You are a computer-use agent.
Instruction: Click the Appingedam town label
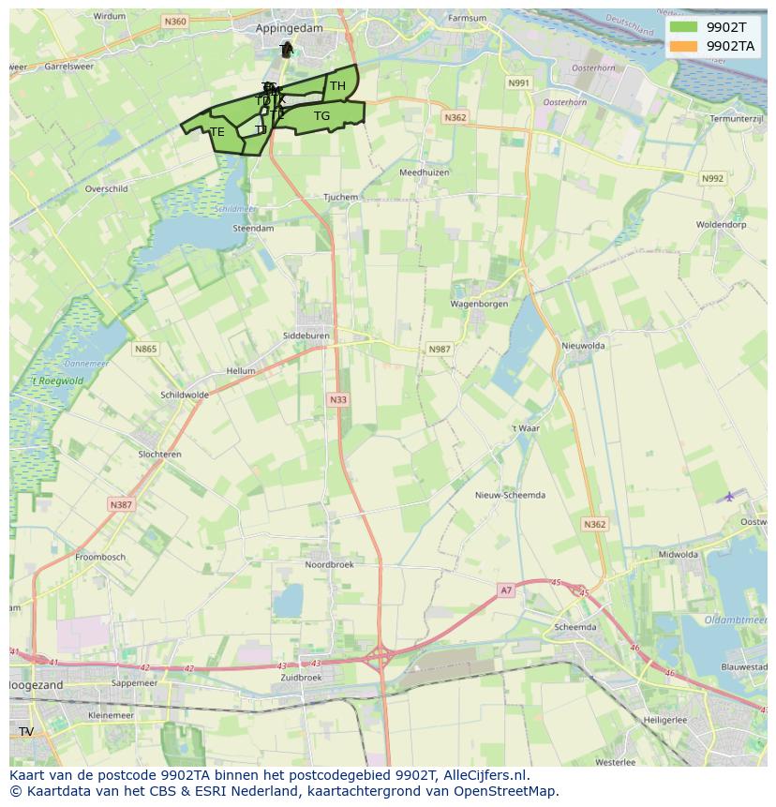pyautogui.click(x=289, y=28)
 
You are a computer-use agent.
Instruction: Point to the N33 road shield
pyautogui.click(x=337, y=399)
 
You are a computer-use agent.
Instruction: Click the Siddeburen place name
pyautogui.click(x=306, y=335)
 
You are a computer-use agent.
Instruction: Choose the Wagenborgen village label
pyautogui.click(x=479, y=304)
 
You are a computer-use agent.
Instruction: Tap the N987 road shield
pyautogui.click(x=440, y=349)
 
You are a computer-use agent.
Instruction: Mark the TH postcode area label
pyautogui.click(x=337, y=86)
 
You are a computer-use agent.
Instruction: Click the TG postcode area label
pyautogui.click(x=321, y=116)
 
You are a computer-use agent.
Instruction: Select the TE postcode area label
pyautogui.click(x=217, y=132)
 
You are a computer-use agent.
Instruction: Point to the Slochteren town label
pyautogui.click(x=159, y=454)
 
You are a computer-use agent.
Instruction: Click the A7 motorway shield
pyautogui.click(x=506, y=590)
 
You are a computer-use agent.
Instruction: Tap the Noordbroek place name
pyautogui.click(x=329, y=564)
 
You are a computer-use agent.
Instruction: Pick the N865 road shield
pyautogui.click(x=145, y=349)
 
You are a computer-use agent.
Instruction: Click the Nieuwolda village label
pyautogui.click(x=583, y=345)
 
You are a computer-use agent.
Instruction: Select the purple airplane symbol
pyautogui.click(x=729, y=496)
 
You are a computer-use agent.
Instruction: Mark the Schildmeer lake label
pyautogui.click(x=233, y=209)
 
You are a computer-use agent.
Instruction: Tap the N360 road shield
pyautogui.click(x=174, y=21)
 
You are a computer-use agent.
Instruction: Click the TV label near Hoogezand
pyautogui.click(x=26, y=731)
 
